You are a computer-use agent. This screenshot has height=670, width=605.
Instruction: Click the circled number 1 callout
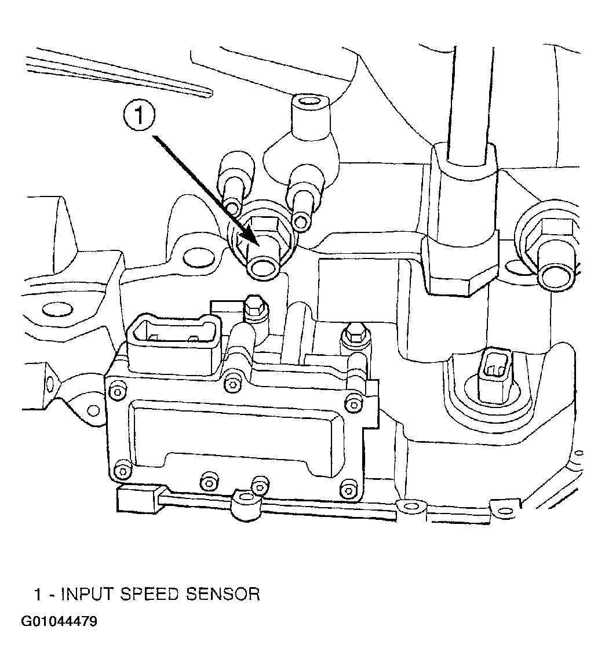[139, 115]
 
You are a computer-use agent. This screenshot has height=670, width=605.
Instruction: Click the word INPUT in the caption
[87, 595]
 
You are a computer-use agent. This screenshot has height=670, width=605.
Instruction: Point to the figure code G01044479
[59, 621]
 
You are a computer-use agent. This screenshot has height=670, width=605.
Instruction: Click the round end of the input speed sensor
[263, 268]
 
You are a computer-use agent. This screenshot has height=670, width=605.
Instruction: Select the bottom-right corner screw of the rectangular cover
[349, 489]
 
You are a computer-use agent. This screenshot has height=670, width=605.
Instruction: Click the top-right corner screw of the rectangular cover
[353, 404]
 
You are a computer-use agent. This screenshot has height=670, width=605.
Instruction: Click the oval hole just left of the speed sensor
[198, 258]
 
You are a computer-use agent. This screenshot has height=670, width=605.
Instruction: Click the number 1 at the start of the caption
[38, 595]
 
